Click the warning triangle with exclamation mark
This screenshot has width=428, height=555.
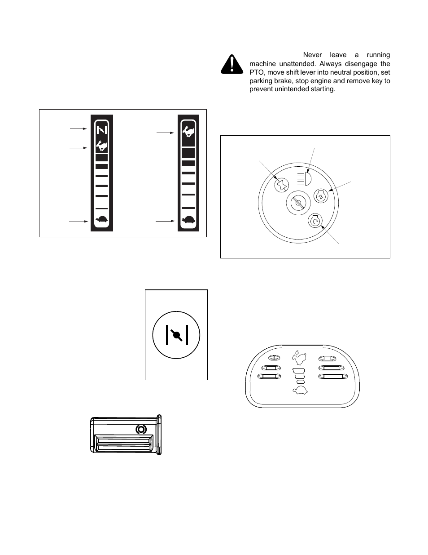pos(231,65)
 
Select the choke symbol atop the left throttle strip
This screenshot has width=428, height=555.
pos(102,129)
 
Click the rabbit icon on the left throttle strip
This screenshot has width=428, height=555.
pos(102,146)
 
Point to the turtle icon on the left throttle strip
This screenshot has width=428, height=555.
pos(102,220)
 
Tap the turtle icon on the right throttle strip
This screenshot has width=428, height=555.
pos(188,220)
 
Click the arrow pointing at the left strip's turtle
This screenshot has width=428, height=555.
pos(78,221)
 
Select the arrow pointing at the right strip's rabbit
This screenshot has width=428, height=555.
pos(165,133)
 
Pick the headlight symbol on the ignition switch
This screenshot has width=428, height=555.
pos(304,179)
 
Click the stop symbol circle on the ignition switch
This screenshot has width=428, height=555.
pos(281,185)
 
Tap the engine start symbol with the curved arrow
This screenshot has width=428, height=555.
pos(315,221)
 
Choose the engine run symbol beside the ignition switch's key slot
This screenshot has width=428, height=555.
pos(321,196)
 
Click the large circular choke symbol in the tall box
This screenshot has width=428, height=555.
pos(176,335)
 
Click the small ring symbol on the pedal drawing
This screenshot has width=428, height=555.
pos(141,429)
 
